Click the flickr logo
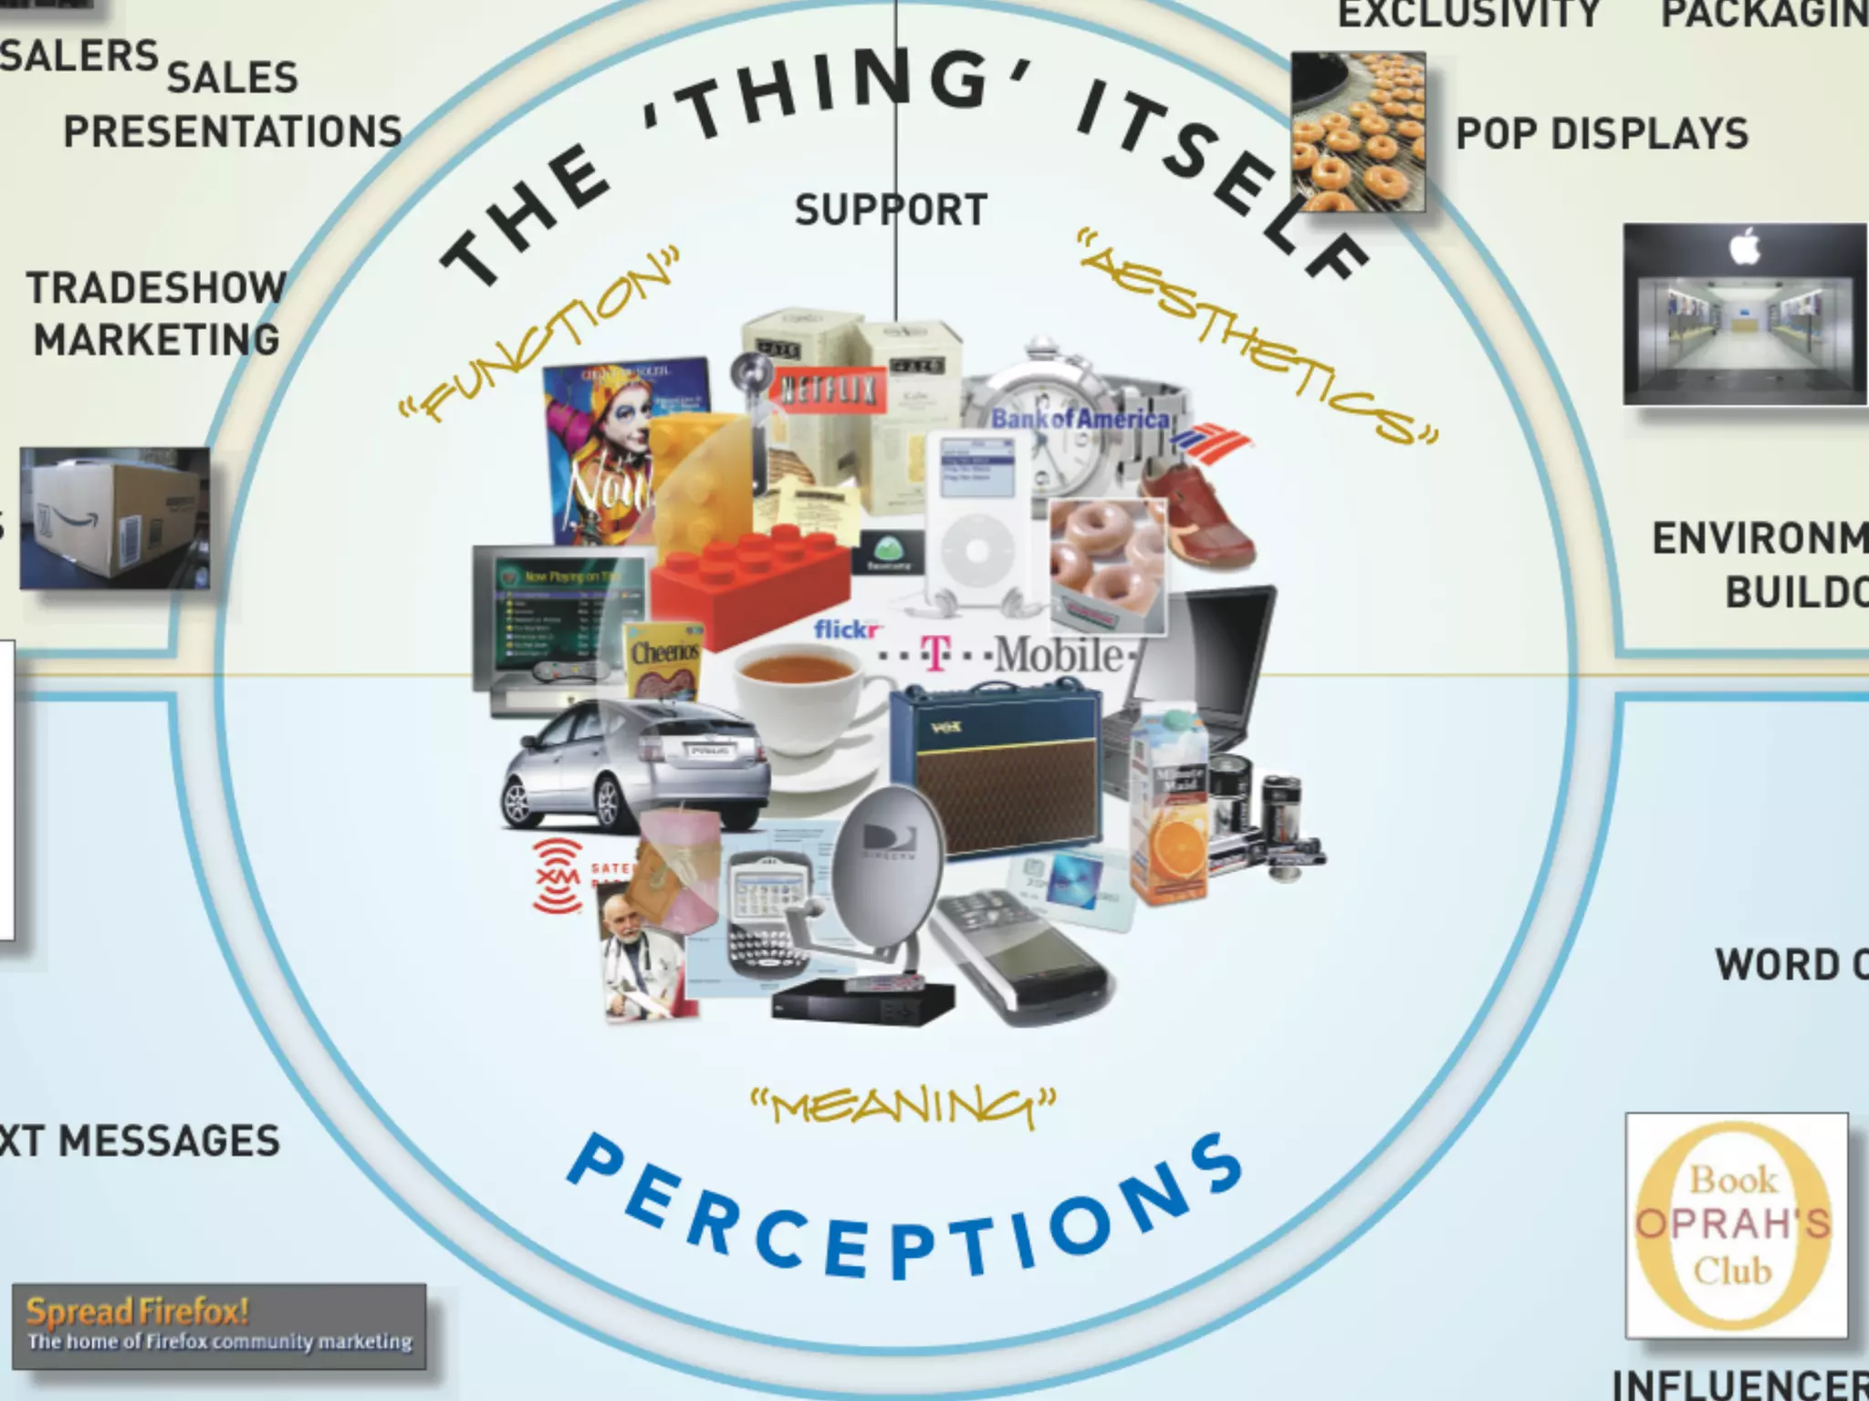click(847, 629)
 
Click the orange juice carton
click(1170, 812)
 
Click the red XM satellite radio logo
click(558, 877)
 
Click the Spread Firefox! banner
click(219, 1325)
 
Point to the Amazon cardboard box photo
click(115, 517)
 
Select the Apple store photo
click(1744, 315)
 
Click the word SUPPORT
click(891, 210)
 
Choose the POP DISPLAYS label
click(1602, 134)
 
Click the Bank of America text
click(1081, 420)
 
